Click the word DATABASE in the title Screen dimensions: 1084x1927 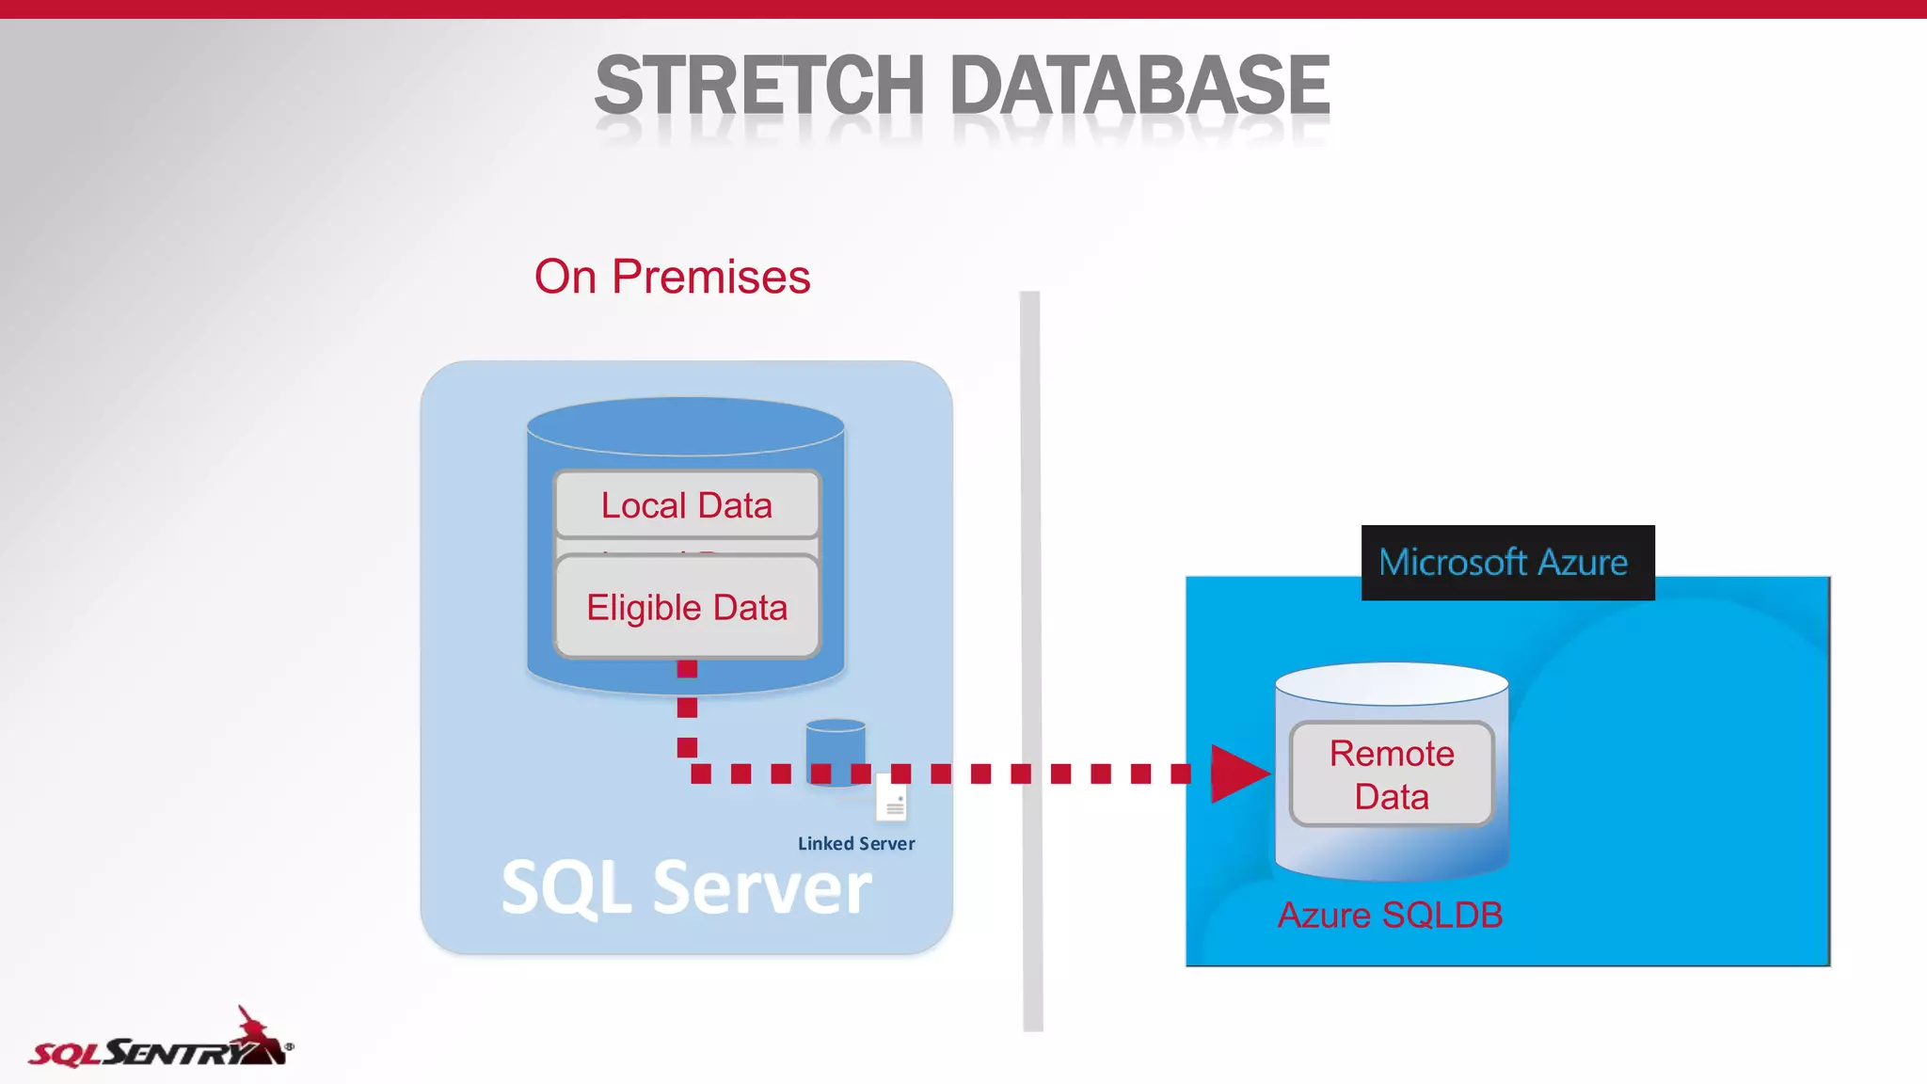(1139, 86)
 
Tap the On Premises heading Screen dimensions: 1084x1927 (672, 277)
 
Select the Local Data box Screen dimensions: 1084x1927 (687, 505)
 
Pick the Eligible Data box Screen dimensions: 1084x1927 (687, 607)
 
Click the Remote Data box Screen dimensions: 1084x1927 (1392, 774)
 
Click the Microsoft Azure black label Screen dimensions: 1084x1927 (1507, 563)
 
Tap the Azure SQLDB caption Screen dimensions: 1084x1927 (1390, 915)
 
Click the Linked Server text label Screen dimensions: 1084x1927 (856, 844)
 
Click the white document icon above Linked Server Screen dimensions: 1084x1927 (892, 799)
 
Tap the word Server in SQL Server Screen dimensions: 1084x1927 (762, 888)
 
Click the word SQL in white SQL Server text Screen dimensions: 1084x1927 (565, 888)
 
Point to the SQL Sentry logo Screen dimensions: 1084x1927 (160, 1043)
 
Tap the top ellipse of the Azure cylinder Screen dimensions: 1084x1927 (1392, 682)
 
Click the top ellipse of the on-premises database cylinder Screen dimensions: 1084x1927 (685, 424)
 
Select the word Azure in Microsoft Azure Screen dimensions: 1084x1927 (1583, 563)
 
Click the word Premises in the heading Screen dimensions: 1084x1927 (711, 277)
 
